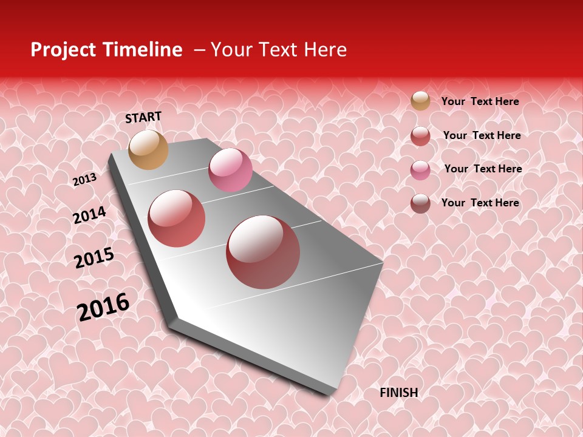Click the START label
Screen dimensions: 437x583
point(143,117)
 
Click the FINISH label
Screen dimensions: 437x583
point(399,393)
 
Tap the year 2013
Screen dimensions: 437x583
point(84,180)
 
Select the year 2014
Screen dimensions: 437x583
point(89,215)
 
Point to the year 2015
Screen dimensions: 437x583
point(94,258)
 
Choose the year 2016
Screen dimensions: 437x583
point(103,307)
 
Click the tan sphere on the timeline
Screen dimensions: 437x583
point(148,149)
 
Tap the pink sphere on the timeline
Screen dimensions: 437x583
point(230,170)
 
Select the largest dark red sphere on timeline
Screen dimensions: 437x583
point(263,252)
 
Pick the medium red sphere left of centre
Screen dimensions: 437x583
point(177,218)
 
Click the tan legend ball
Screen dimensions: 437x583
point(420,101)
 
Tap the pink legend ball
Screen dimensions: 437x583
point(420,170)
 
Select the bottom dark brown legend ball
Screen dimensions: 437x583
point(420,203)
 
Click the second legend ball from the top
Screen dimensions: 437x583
point(420,136)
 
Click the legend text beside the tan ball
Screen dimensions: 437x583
point(480,101)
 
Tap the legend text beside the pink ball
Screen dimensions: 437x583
point(483,169)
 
